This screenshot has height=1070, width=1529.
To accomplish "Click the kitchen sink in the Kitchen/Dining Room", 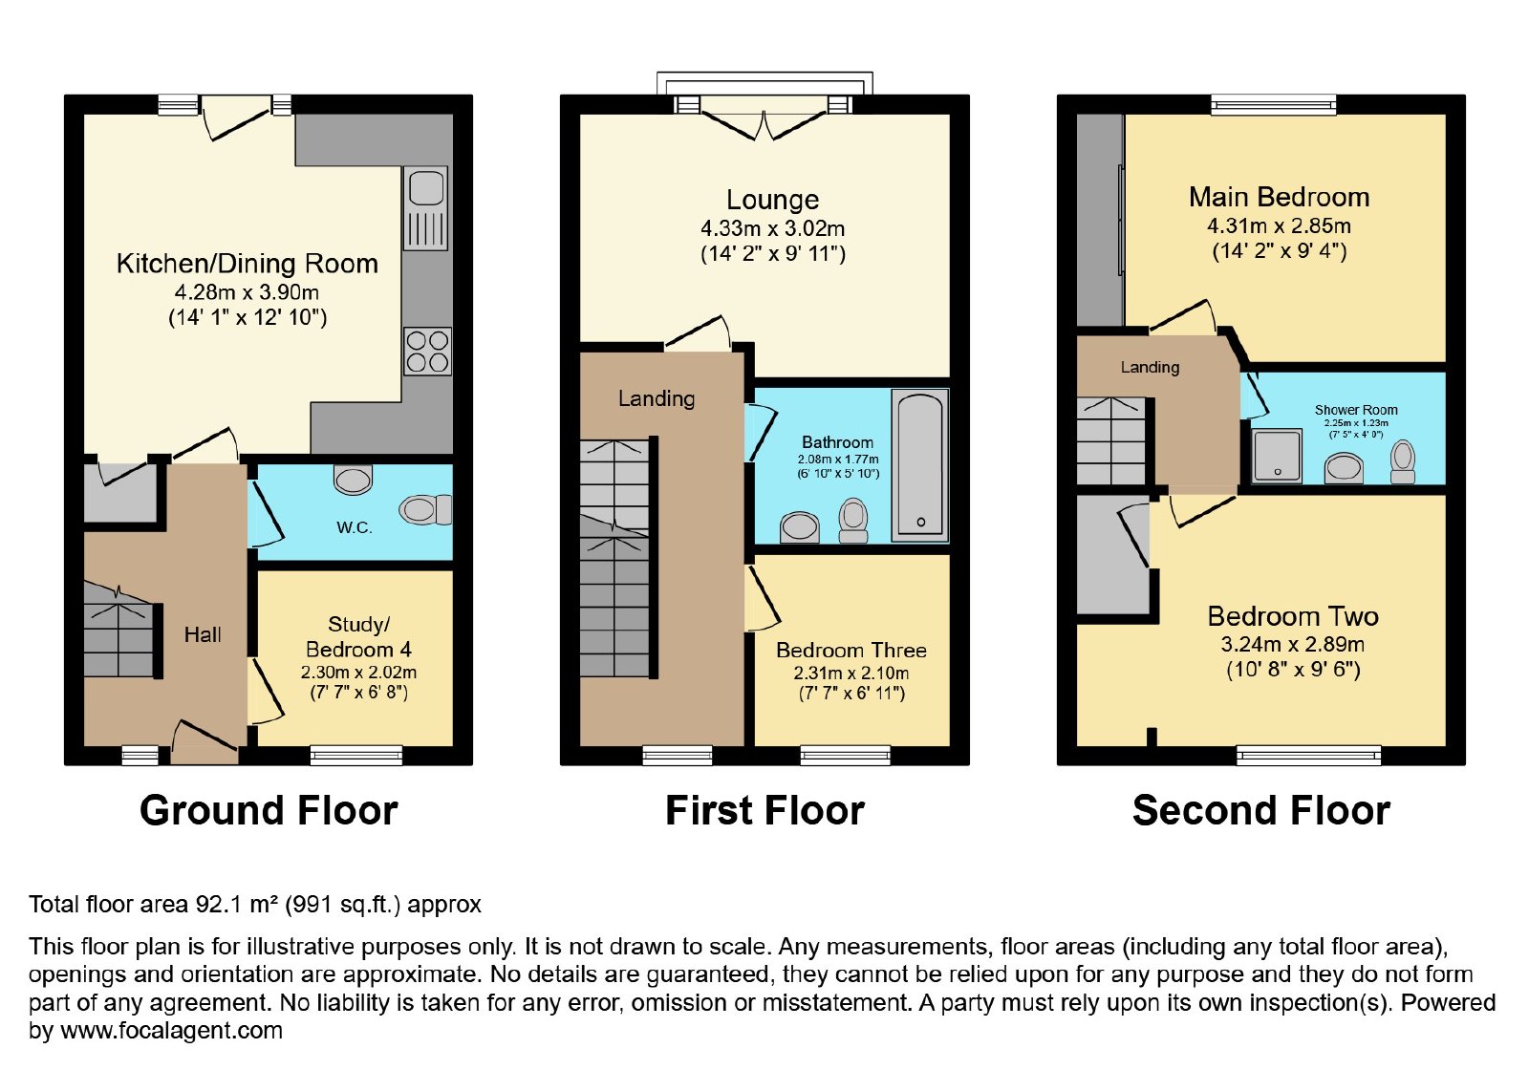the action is tap(426, 208).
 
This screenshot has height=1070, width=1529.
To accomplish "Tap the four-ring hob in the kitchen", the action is tap(427, 352).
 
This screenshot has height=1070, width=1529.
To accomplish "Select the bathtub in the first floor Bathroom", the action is tap(920, 465).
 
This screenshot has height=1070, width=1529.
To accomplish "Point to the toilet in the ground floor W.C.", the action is tap(425, 510).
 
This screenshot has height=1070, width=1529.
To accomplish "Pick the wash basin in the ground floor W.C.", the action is tap(353, 479).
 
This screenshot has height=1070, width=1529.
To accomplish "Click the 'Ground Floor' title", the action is tap(269, 811).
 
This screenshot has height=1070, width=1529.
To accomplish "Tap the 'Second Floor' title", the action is tap(1261, 811).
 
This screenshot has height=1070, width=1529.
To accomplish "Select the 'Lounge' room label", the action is tap(773, 200).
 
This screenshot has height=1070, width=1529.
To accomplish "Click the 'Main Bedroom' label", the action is tap(1280, 197).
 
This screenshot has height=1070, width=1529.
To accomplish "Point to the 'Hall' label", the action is tap(203, 634).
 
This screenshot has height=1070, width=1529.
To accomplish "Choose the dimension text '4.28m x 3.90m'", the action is tap(248, 292).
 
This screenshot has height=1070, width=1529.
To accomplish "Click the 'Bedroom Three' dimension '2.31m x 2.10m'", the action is tap(851, 673).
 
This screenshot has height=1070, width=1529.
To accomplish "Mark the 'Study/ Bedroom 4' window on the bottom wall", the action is tap(356, 755).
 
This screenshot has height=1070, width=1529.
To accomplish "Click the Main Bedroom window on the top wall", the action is tap(1274, 104).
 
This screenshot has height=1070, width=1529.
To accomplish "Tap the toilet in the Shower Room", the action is tap(1403, 462).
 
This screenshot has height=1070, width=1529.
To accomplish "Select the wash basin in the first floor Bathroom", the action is tap(800, 527).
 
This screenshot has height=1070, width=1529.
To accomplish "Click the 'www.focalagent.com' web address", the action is tap(171, 1031).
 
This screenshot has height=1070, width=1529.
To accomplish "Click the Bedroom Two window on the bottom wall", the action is tap(1309, 755).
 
